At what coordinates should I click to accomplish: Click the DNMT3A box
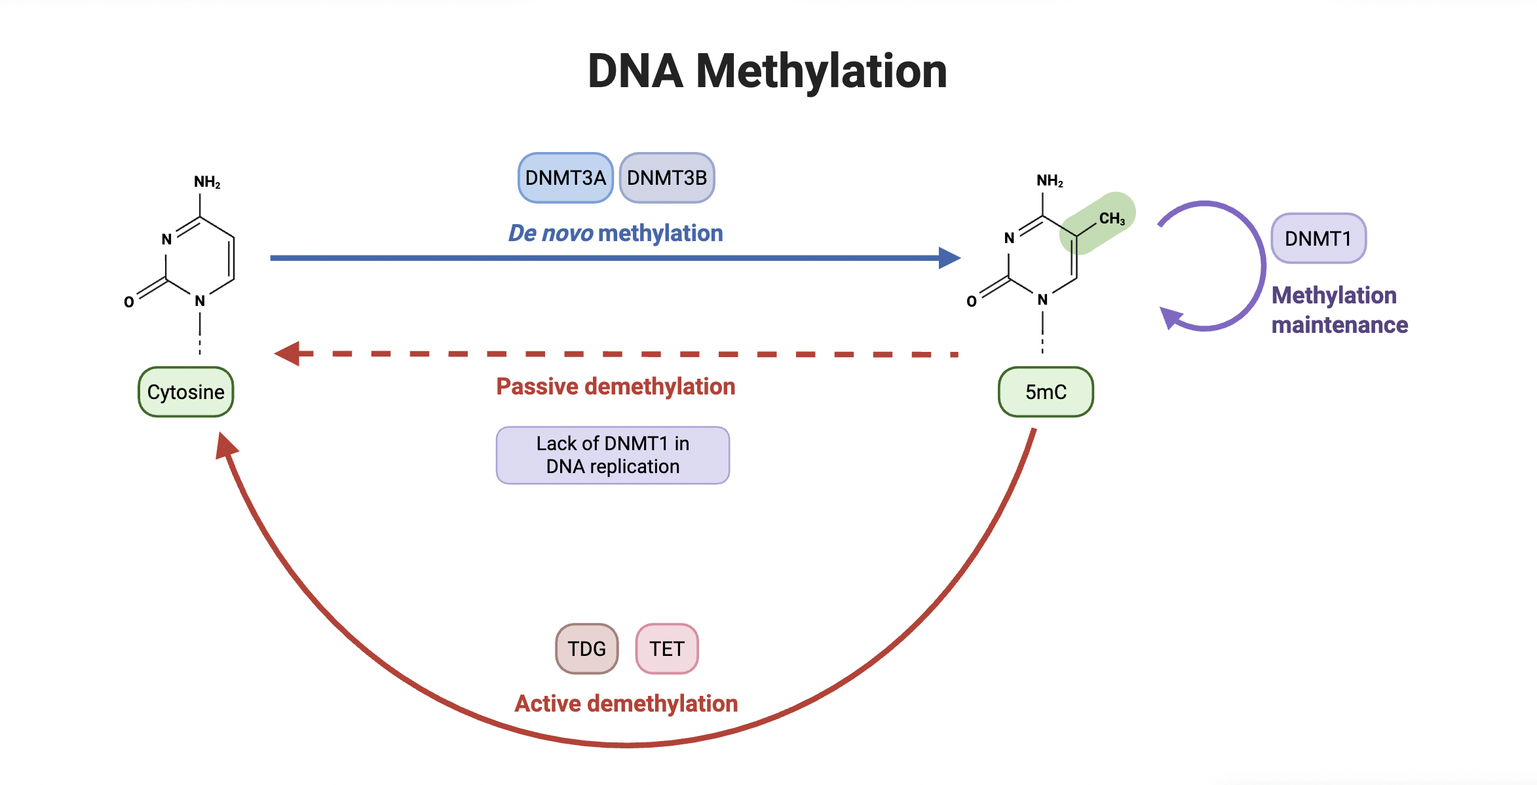coord(565,178)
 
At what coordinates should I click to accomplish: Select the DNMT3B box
coord(666,178)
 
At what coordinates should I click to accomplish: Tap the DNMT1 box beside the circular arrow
coord(1318,239)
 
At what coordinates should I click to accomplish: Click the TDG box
coord(586,649)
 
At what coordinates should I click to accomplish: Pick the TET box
coord(666,649)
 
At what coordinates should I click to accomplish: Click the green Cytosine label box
coord(185,392)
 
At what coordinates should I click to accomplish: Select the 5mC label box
coord(1046,392)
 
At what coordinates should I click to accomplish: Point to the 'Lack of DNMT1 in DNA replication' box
coord(613,455)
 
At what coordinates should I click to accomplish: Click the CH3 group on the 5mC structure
coord(1111,219)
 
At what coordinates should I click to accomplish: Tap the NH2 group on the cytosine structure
coord(206,182)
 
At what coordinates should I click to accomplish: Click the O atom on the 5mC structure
coord(971,301)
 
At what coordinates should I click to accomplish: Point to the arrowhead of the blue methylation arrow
coord(950,258)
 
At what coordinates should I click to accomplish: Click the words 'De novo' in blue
coord(550,233)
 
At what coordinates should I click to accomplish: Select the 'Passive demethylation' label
coord(615,387)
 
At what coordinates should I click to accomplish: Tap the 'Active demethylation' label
coord(626,704)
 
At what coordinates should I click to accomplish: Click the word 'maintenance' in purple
coord(1339,325)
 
